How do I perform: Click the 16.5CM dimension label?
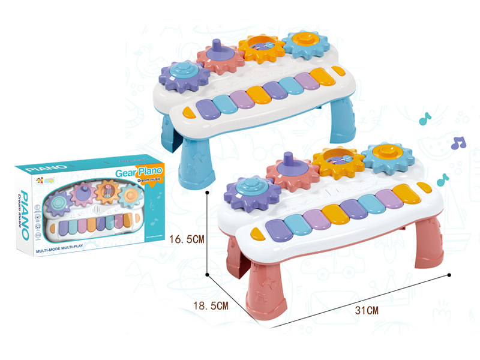(188, 239)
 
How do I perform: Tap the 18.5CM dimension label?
(210, 306)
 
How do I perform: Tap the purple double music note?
(458, 143)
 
